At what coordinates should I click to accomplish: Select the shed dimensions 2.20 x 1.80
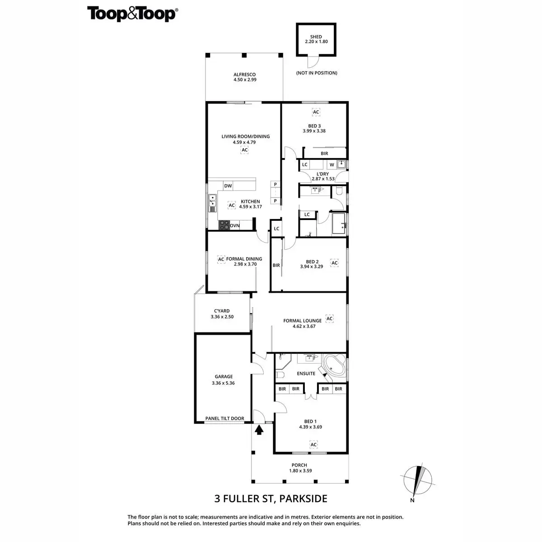[x=316, y=42]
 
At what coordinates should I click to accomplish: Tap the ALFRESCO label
[x=245, y=75]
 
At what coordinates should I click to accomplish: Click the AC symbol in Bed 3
[x=316, y=112]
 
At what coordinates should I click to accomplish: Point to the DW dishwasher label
[x=228, y=186]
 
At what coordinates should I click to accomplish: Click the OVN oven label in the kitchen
[x=235, y=225]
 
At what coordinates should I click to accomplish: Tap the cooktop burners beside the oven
[x=224, y=225]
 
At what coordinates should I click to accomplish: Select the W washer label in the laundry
[x=332, y=165]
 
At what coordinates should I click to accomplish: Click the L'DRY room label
[x=322, y=173]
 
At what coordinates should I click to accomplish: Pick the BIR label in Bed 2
[x=276, y=266]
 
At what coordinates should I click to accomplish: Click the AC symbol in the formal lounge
[x=330, y=318]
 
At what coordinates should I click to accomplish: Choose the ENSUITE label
[x=306, y=374]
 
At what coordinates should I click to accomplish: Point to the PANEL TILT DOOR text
[x=224, y=419]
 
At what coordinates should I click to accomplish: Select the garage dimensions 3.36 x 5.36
[x=223, y=383]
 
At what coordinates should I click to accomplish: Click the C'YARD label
[x=222, y=311]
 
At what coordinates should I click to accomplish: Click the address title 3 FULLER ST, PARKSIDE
[x=271, y=499]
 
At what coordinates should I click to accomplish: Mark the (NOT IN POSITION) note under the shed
[x=317, y=73]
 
